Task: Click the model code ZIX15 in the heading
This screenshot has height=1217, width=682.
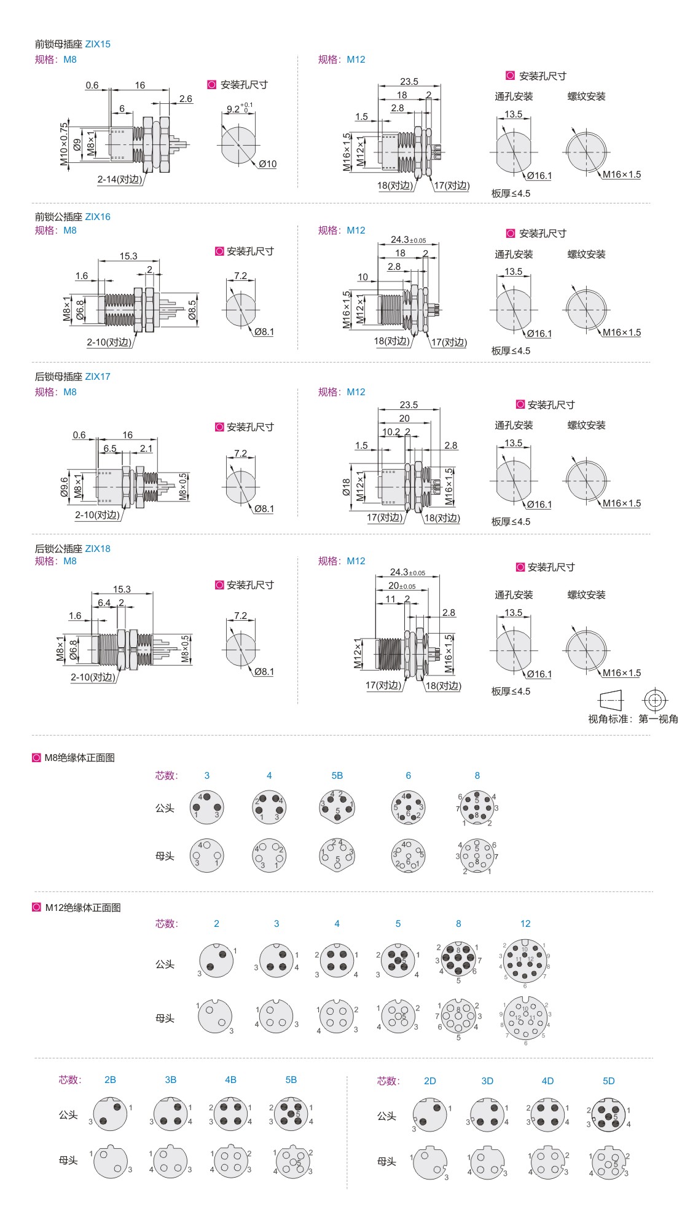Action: pos(98,44)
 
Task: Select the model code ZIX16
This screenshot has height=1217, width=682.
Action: pos(98,217)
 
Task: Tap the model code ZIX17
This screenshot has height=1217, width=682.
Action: pos(98,377)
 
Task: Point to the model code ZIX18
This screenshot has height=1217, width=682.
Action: pos(98,549)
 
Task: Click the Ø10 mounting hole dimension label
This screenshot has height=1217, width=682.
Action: pos(267,164)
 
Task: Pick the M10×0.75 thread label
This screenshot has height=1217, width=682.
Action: pos(64,144)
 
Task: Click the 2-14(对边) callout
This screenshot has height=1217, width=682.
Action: pos(119,179)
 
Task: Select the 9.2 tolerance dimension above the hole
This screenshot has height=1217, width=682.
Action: pos(238,109)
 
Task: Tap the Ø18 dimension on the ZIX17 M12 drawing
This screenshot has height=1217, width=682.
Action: pos(347,487)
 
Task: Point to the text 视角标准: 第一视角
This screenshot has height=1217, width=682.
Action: pos(633,719)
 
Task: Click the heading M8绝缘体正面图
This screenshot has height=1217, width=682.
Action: pos(79,758)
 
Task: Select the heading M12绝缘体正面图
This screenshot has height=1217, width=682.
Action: pos(82,908)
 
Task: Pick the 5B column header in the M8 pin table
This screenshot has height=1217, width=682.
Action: pos(337,776)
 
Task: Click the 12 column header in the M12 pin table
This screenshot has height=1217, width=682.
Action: pos(525,924)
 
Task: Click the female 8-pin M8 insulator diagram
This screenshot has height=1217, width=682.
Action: pos(477,856)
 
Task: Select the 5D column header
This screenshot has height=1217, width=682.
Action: pos(608,1081)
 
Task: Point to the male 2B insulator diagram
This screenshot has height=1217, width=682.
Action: pos(111,1114)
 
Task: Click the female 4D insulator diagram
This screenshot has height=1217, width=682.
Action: pos(547,1163)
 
